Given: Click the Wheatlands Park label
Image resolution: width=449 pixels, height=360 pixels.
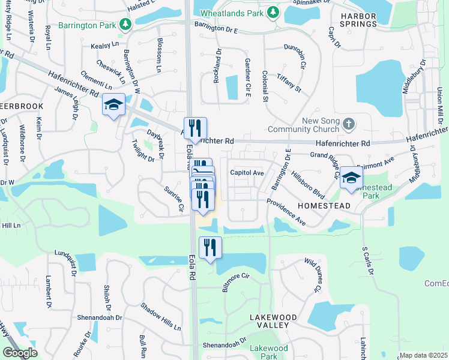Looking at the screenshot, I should coord(232,12).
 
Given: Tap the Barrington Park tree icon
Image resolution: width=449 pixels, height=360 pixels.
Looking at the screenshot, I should coord(125,24).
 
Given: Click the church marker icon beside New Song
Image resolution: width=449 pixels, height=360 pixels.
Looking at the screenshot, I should coord(350,125).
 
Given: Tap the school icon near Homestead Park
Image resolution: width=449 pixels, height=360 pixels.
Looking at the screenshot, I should coord(351,178).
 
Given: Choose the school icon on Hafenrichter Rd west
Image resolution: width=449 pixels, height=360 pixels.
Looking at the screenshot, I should coord(113,105).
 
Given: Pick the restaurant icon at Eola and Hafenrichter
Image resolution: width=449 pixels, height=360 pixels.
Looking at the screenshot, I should coord(195,128).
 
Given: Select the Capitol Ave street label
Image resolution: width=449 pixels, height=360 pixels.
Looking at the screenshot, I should coord(247,173).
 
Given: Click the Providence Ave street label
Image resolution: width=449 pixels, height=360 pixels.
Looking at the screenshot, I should coord(286,212).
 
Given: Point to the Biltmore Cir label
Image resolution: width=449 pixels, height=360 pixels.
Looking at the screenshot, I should coord(235,283).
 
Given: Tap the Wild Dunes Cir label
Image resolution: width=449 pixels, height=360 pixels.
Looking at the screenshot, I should coord(312,275).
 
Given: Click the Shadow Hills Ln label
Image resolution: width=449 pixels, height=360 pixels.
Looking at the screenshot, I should coord(160,316).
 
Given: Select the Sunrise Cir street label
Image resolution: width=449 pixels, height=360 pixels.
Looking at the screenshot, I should coord(173,199).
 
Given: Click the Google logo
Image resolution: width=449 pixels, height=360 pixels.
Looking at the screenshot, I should coord(20,353).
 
